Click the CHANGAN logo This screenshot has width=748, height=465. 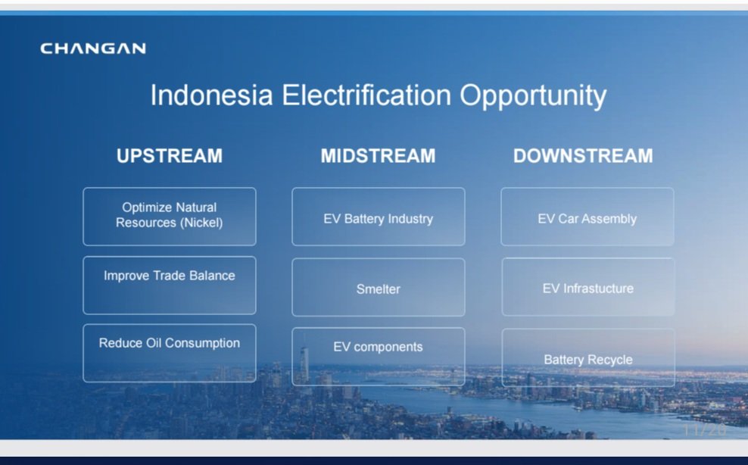[x=93, y=48]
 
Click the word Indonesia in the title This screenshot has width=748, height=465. [x=212, y=95]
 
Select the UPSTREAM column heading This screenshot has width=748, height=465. [x=170, y=156]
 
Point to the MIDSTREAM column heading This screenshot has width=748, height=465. [x=379, y=156]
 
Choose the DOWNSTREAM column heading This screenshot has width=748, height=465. [x=583, y=156]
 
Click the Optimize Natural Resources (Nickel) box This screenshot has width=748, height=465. [x=170, y=217]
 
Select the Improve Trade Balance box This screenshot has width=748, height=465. [x=170, y=286]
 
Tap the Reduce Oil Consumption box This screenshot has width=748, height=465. [x=170, y=353]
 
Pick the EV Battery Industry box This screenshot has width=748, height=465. [x=379, y=217]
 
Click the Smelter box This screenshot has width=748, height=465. [x=379, y=287]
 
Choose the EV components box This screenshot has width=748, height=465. [x=379, y=357]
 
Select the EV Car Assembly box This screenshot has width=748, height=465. [x=587, y=217]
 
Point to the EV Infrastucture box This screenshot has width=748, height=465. [x=588, y=287]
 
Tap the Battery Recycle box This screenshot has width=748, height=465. [x=588, y=357]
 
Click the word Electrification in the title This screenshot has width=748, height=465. [x=366, y=95]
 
